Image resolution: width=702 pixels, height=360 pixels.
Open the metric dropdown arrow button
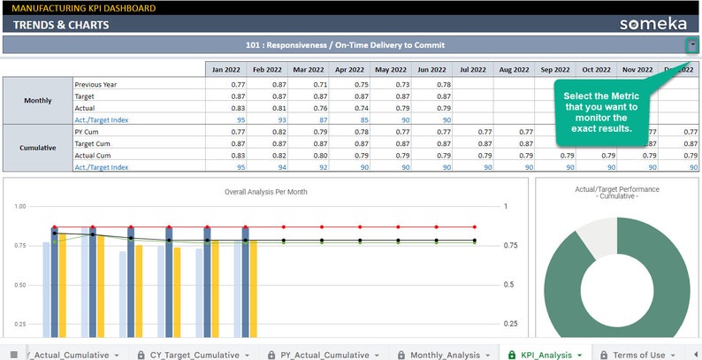point(691,44)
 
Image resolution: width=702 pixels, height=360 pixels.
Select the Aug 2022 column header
point(514,69)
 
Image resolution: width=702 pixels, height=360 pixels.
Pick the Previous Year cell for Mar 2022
point(308,85)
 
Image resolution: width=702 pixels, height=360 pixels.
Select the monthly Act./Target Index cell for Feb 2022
point(268,119)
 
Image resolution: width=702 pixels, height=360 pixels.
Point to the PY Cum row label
point(88,132)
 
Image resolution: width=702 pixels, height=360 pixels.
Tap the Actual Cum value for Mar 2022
point(308,155)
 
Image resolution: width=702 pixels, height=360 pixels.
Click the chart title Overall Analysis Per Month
point(265,191)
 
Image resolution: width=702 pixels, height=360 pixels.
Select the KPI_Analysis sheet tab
point(545,354)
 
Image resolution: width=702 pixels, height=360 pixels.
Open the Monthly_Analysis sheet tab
point(446,354)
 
